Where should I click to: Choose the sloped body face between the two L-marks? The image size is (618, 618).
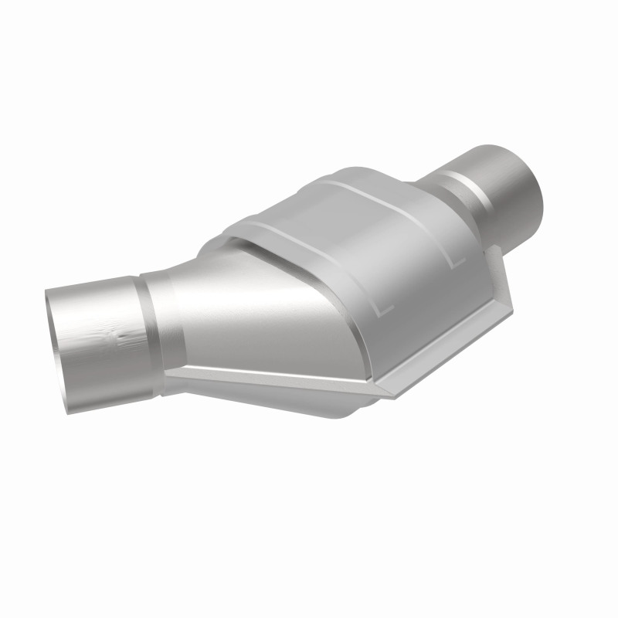(x=417, y=286)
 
